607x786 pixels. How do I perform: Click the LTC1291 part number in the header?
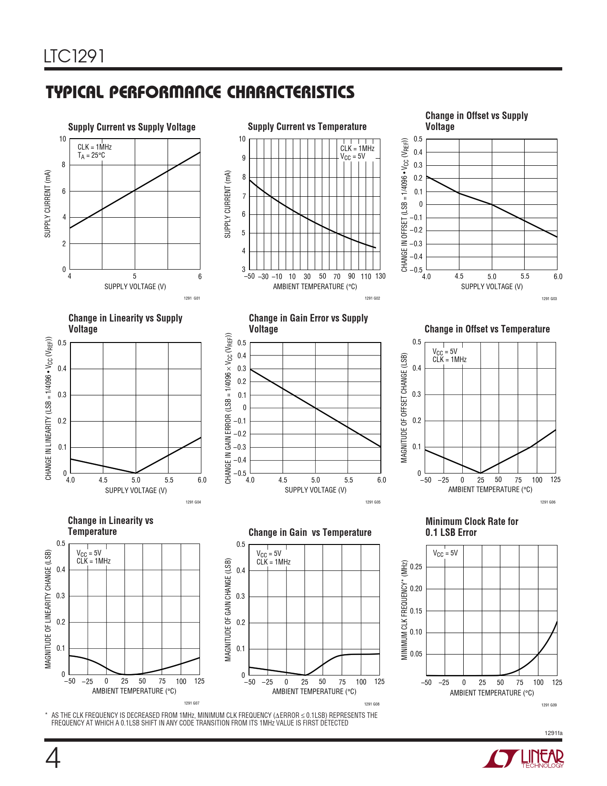(x=74, y=57)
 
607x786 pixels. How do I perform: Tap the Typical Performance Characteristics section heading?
(x=200, y=92)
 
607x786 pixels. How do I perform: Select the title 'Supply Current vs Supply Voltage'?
(x=132, y=127)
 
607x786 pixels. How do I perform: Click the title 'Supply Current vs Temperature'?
(x=307, y=127)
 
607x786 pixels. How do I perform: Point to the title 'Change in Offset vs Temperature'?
(x=487, y=329)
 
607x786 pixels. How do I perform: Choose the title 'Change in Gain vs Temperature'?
(x=310, y=533)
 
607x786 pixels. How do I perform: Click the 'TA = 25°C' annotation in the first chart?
(x=91, y=155)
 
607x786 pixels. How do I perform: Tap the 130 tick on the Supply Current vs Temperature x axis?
(x=380, y=276)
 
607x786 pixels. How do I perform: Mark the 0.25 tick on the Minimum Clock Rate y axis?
(x=416, y=566)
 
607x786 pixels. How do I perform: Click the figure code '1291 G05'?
(x=373, y=502)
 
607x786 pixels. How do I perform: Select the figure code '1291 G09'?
(x=549, y=705)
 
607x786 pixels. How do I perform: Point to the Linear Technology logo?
(x=524, y=758)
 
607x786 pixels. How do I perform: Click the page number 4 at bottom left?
(x=53, y=758)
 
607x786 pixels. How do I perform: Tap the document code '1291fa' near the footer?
(x=553, y=733)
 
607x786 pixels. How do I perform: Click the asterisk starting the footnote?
(x=46, y=715)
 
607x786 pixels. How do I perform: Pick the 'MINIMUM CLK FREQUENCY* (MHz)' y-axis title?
(x=405, y=610)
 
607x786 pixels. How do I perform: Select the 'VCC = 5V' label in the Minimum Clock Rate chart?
(x=445, y=553)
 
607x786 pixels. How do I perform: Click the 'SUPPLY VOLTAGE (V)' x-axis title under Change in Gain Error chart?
(x=316, y=490)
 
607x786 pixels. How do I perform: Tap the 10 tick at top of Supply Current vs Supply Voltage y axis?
(x=62, y=139)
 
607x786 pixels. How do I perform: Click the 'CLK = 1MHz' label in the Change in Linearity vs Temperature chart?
(x=93, y=561)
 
